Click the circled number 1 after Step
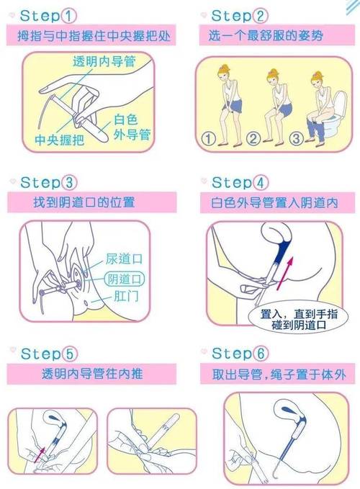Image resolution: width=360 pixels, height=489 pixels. [68, 16]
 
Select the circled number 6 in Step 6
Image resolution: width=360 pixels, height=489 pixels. [261, 354]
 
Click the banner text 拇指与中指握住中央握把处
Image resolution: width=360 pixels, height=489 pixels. [94, 36]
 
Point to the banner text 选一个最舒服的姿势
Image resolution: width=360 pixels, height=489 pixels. [266, 35]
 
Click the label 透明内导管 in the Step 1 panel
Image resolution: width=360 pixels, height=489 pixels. [104, 61]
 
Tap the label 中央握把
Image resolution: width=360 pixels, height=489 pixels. [60, 140]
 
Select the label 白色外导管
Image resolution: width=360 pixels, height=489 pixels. [132, 127]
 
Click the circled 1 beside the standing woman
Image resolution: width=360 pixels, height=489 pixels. [209, 138]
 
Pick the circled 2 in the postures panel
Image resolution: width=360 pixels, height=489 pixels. [253, 138]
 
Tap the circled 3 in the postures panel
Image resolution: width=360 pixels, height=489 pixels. [297, 138]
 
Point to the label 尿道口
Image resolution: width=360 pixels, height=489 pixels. [124, 259]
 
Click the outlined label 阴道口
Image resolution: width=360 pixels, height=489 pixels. [124, 279]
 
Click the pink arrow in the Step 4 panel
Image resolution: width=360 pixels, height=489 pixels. [285, 274]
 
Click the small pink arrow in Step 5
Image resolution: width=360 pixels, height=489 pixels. [40, 455]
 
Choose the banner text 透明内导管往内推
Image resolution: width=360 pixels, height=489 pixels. [92, 374]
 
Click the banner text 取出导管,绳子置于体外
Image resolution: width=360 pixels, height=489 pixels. [279, 374]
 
